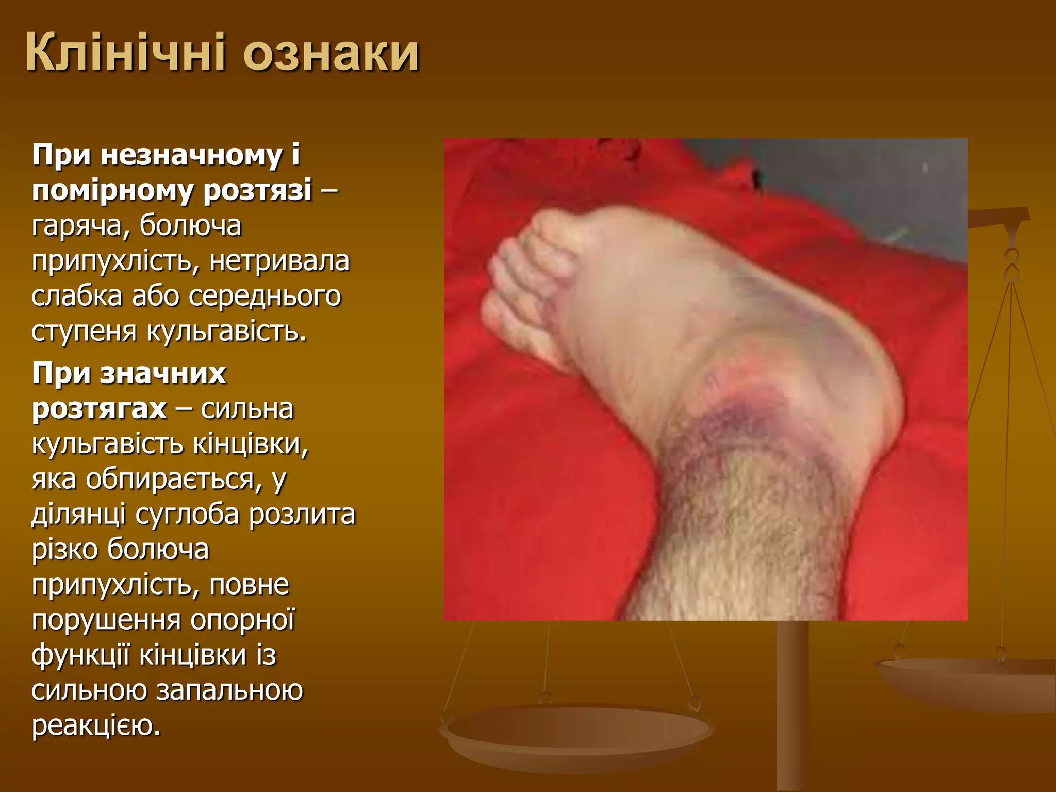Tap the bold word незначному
tap(191, 155)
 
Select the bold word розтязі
tap(257, 190)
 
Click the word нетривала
tap(279, 260)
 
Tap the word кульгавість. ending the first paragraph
tap(227, 331)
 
